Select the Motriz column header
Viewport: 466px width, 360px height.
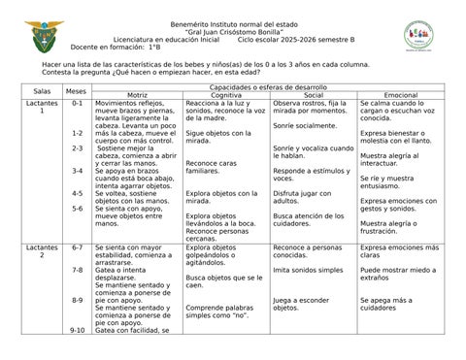(137, 96)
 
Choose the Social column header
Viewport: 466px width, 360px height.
(313, 96)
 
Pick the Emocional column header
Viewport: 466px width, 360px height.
(400, 96)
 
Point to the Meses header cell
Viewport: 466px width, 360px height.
(76, 91)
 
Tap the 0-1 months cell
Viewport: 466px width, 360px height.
(77, 102)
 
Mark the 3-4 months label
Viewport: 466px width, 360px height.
(77, 171)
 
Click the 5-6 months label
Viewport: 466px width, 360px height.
(77, 209)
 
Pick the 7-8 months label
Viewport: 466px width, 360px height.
(77, 270)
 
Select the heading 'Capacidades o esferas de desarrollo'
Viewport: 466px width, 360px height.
(268, 87)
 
